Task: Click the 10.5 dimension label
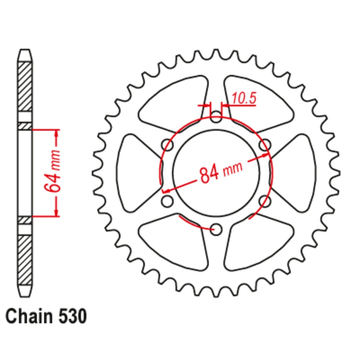244,98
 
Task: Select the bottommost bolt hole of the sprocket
216,229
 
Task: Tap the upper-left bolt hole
167,145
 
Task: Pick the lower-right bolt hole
265,201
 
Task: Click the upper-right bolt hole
265,145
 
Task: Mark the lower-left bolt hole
167,201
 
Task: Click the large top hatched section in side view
25,86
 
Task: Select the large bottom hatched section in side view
25,259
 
